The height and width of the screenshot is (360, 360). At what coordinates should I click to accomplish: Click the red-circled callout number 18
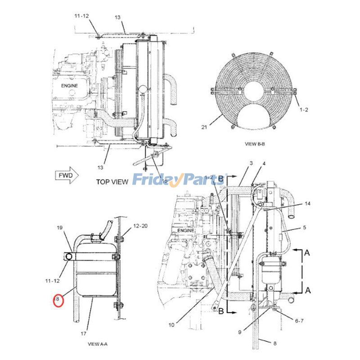[x=57, y=299]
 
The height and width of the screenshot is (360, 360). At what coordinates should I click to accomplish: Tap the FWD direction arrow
[x=67, y=175]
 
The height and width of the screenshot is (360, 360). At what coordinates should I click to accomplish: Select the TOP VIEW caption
[x=112, y=182]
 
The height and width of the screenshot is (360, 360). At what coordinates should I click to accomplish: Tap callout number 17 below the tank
[x=84, y=333]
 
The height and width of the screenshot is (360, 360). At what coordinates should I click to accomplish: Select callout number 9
[x=240, y=333]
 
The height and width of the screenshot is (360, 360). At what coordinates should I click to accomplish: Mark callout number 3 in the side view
[x=251, y=162]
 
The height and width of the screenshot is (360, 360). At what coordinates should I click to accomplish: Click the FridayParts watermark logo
[x=180, y=180]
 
